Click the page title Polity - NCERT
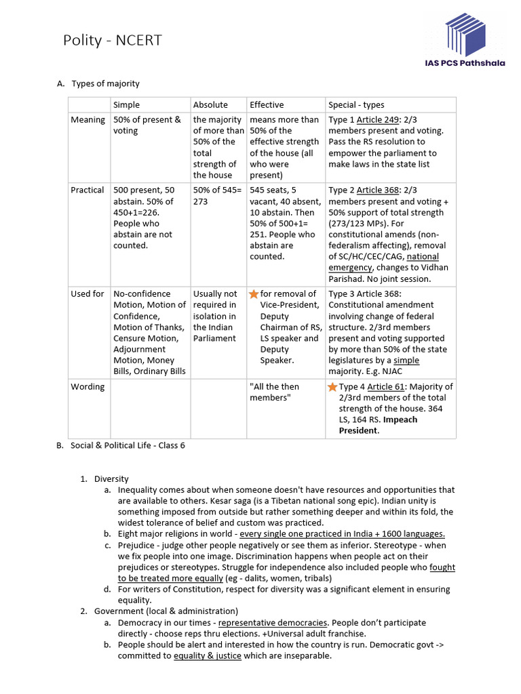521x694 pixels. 113,41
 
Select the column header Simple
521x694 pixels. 127,104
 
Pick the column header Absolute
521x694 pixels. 210,104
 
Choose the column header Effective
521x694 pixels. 267,104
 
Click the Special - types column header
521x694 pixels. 356,104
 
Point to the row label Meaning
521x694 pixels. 88,120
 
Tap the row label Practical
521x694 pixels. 88,190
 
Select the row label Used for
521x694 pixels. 88,294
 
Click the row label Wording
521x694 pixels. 88,387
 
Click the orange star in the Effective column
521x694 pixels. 254,294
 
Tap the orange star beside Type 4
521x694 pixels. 332,387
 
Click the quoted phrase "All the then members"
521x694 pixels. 274,392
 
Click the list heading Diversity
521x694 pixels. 111,478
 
